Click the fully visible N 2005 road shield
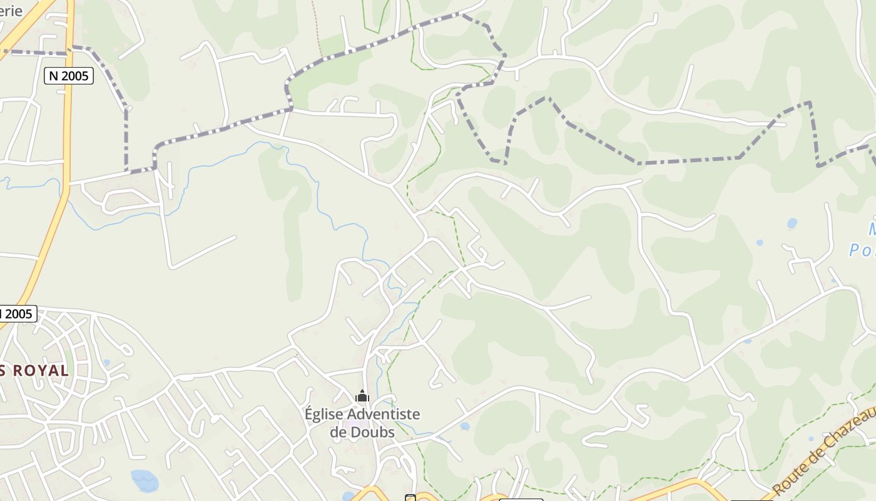(x=69, y=76)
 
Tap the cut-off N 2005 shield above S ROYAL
(x=17, y=314)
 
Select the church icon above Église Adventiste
(x=362, y=396)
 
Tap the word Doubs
(x=374, y=432)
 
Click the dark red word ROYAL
(x=41, y=370)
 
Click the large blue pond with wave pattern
(x=145, y=481)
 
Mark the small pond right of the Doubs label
(x=464, y=426)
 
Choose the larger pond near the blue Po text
(x=792, y=222)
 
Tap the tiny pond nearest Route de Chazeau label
(x=811, y=439)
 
